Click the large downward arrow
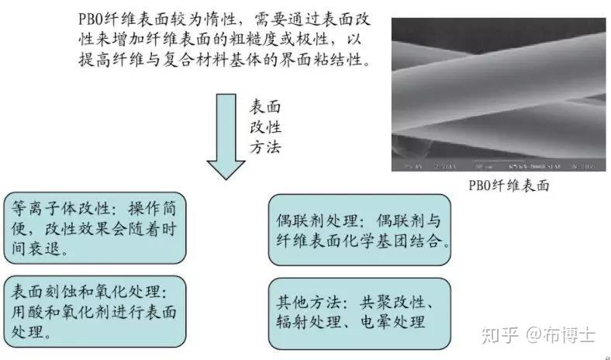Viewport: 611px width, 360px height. point(226,136)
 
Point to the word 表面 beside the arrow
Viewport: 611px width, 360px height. point(265,106)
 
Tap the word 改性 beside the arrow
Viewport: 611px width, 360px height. point(265,126)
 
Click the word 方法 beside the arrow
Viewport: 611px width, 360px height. point(265,146)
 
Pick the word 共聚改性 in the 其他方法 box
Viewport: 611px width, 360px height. point(408,301)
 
